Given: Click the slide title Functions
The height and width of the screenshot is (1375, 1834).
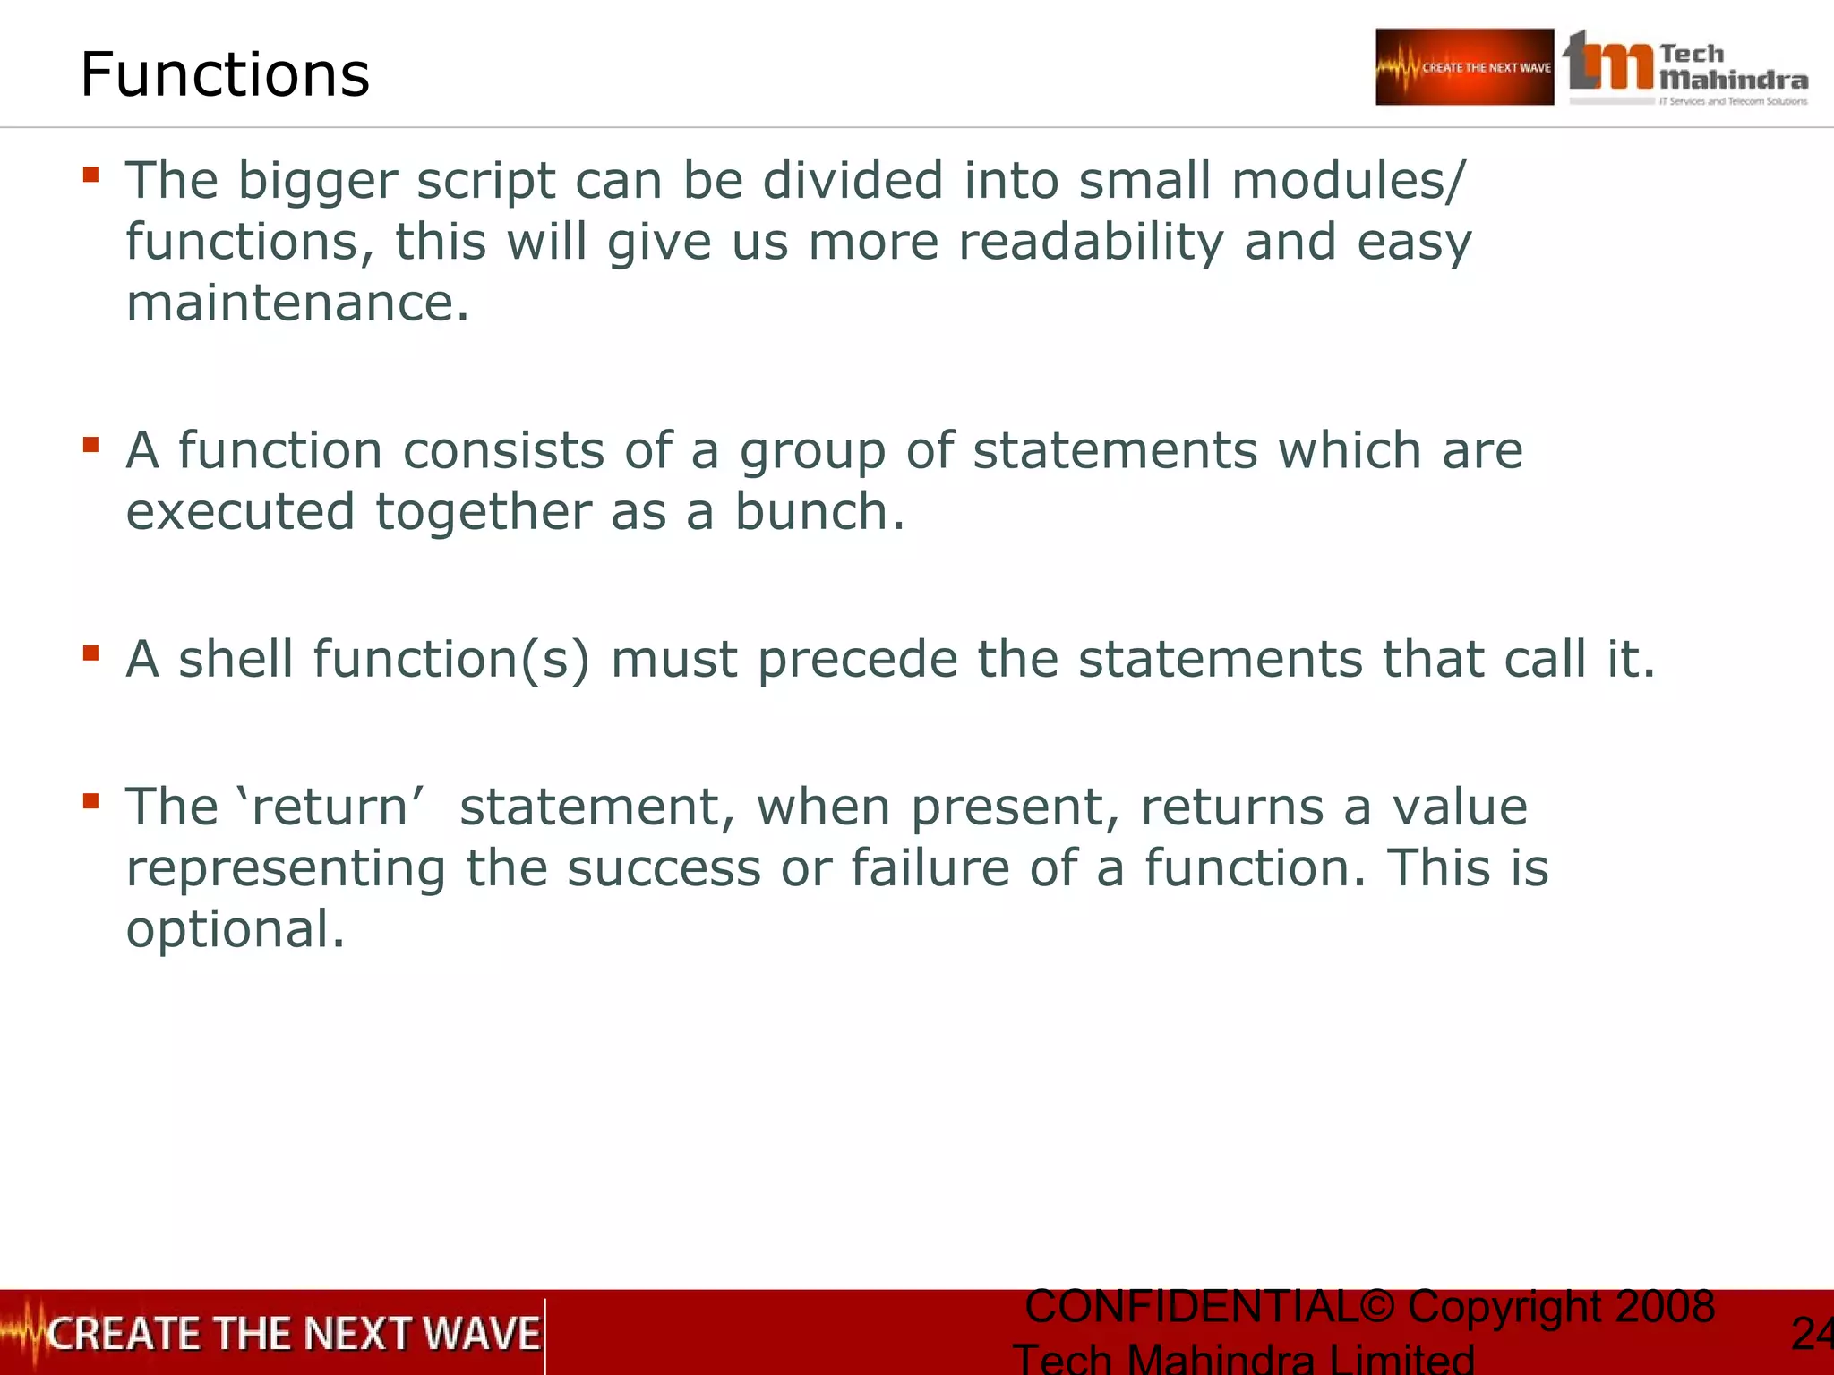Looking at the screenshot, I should coord(225,74).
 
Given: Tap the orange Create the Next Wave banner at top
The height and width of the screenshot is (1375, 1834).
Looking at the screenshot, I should coord(1464,67).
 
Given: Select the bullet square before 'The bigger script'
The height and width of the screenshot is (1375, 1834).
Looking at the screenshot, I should coord(90,174).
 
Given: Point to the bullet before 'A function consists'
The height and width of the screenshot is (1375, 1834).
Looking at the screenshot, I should coord(90,444).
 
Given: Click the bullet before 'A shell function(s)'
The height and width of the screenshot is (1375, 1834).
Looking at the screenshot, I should coord(90,653).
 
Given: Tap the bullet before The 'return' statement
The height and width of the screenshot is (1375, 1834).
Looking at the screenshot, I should coord(90,800).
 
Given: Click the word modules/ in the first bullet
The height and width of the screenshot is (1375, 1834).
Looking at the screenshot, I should coord(1349,180).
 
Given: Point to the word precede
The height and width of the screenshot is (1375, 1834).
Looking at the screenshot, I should coord(857,660).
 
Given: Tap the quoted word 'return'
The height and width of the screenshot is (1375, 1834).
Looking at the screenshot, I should coord(330,807).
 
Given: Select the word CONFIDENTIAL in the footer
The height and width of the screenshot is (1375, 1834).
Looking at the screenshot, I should coord(1192,1306).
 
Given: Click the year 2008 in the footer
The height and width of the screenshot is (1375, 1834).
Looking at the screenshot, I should coord(1665,1306).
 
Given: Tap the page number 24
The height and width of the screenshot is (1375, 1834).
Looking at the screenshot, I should coord(1811,1334).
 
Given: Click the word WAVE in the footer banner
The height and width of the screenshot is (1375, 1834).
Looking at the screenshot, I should coord(481,1333).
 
